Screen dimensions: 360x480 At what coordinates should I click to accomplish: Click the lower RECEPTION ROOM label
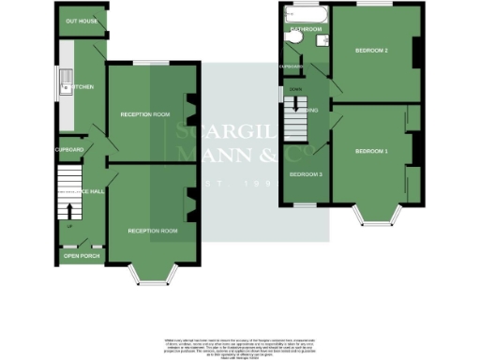(153, 231)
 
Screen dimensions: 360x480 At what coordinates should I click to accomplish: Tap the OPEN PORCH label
(81, 255)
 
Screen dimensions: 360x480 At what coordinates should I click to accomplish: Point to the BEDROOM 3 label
(306, 175)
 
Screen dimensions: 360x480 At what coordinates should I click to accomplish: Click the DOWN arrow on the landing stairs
(294, 90)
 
